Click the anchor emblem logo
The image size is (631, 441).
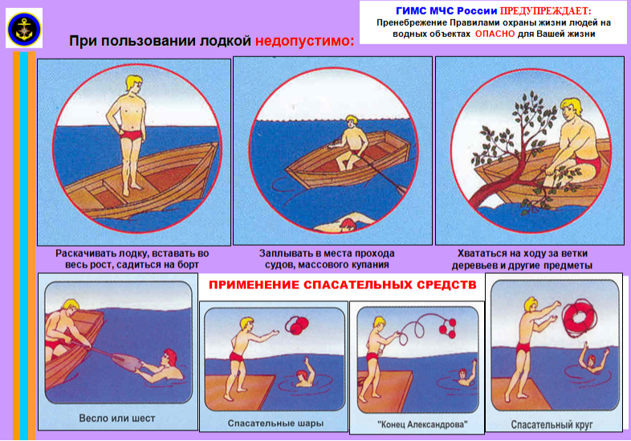point(24,28)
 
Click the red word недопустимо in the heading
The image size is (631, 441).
point(304,41)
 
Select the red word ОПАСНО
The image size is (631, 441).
point(495,34)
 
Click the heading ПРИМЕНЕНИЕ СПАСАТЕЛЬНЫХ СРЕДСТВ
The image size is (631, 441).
point(343,285)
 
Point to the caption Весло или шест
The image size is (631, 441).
point(116,419)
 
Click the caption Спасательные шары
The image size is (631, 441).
point(275,423)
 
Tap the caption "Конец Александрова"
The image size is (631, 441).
point(422,424)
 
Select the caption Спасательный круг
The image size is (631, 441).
point(552,424)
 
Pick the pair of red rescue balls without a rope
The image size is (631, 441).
point(296,325)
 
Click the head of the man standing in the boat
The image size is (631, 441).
point(134,84)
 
